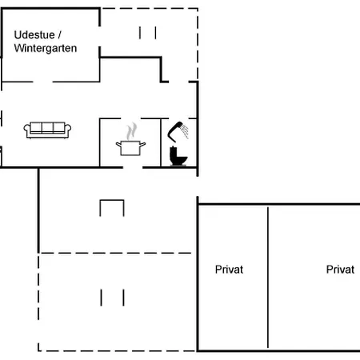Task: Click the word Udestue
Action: (x=34, y=35)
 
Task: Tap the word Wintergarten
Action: (x=46, y=48)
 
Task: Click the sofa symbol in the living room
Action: (x=47, y=130)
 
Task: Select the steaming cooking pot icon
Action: (x=130, y=139)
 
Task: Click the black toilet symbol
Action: (x=178, y=156)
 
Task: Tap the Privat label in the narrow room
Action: (x=229, y=270)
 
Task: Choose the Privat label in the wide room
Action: (x=340, y=270)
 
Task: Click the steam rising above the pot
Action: (x=131, y=131)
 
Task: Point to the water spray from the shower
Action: (x=185, y=130)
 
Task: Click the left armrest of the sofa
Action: (x=26, y=130)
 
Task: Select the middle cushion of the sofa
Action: (x=47, y=127)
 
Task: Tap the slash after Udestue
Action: (x=59, y=35)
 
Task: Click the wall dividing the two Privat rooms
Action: (x=268, y=278)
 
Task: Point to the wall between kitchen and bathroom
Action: (x=161, y=142)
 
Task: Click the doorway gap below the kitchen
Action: (x=133, y=167)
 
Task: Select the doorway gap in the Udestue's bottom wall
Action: (x=42, y=82)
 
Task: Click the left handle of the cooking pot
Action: (x=118, y=145)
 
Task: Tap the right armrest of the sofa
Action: (x=68, y=130)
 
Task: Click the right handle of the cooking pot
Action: (x=143, y=145)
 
